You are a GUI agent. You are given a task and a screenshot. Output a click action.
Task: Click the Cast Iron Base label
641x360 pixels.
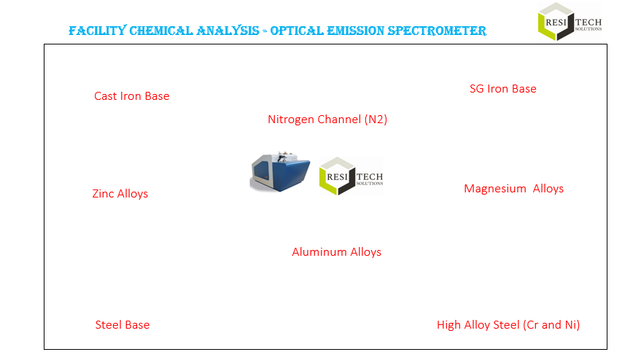click(x=132, y=96)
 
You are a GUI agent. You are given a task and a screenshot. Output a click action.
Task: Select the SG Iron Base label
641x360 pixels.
click(x=503, y=89)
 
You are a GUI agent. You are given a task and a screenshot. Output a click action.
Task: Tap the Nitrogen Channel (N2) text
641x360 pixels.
click(x=327, y=120)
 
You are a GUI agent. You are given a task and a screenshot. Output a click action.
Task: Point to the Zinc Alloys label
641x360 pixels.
click(x=120, y=194)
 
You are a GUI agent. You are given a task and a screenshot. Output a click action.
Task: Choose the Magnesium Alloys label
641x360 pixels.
click(x=514, y=189)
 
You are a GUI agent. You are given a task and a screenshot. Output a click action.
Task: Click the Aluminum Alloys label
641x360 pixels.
click(x=336, y=251)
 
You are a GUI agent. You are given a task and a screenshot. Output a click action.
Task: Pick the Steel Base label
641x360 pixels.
click(x=123, y=325)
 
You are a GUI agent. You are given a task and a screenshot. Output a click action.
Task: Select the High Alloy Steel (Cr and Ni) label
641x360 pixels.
click(x=508, y=325)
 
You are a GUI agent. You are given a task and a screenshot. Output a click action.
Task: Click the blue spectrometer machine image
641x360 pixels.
click(x=280, y=172)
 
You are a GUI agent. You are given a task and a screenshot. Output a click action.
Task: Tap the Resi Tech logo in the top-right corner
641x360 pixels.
click(x=570, y=22)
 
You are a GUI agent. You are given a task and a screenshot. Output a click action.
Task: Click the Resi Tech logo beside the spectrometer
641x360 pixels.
click(x=351, y=176)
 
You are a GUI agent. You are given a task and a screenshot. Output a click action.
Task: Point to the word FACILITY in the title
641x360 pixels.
click(x=98, y=31)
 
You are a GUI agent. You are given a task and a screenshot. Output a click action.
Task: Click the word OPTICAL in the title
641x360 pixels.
click(x=298, y=31)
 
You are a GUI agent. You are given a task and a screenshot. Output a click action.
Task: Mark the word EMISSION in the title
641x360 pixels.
click(x=356, y=31)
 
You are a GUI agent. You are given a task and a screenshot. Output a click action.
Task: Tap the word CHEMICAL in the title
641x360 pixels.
click(x=161, y=31)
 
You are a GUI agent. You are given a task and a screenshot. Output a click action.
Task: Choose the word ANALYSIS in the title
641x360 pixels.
click(x=228, y=31)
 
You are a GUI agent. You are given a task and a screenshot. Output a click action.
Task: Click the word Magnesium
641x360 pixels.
click(x=495, y=189)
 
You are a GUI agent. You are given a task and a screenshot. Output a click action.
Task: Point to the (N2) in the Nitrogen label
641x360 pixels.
click(x=376, y=120)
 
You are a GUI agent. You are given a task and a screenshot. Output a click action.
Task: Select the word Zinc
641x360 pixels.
click(x=103, y=194)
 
